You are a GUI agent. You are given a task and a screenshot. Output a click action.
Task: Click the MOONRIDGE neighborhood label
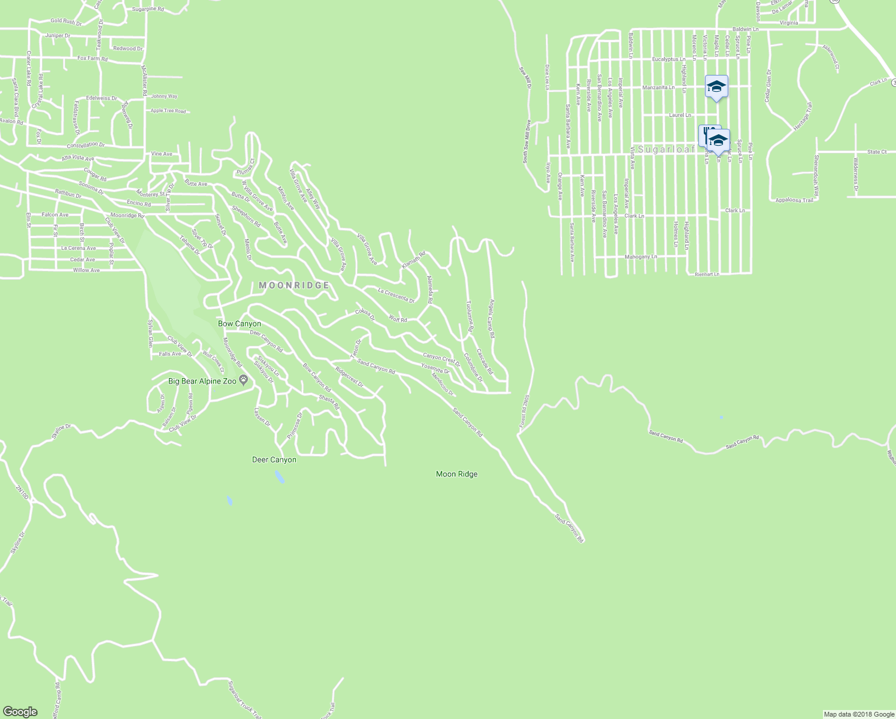click(x=294, y=286)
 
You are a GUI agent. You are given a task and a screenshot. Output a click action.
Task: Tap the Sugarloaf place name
click(x=665, y=149)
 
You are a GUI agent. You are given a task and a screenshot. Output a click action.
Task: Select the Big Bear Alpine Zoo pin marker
click(x=243, y=380)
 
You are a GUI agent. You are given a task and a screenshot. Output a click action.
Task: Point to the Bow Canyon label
click(x=240, y=324)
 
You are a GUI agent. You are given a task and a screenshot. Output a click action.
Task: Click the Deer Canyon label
click(x=274, y=460)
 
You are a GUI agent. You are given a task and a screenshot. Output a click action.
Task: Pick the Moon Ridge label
click(x=456, y=474)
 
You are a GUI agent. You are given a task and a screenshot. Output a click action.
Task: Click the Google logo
click(x=20, y=711)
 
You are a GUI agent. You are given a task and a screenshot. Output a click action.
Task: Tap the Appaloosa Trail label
click(x=794, y=200)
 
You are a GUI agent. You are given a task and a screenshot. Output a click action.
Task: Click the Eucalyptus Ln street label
click(x=668, y=59)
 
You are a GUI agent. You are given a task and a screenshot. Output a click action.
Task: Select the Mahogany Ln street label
click(x=641, y=256)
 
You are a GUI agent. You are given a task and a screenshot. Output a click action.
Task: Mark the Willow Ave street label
click(x=86, y=270)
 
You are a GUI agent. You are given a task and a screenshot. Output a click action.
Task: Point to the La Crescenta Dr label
click(x=396, y=295)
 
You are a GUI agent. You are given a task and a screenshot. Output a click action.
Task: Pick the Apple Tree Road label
click(x=168, y=111)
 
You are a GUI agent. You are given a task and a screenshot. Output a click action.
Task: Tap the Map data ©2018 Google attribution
click(x=859, y=714)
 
